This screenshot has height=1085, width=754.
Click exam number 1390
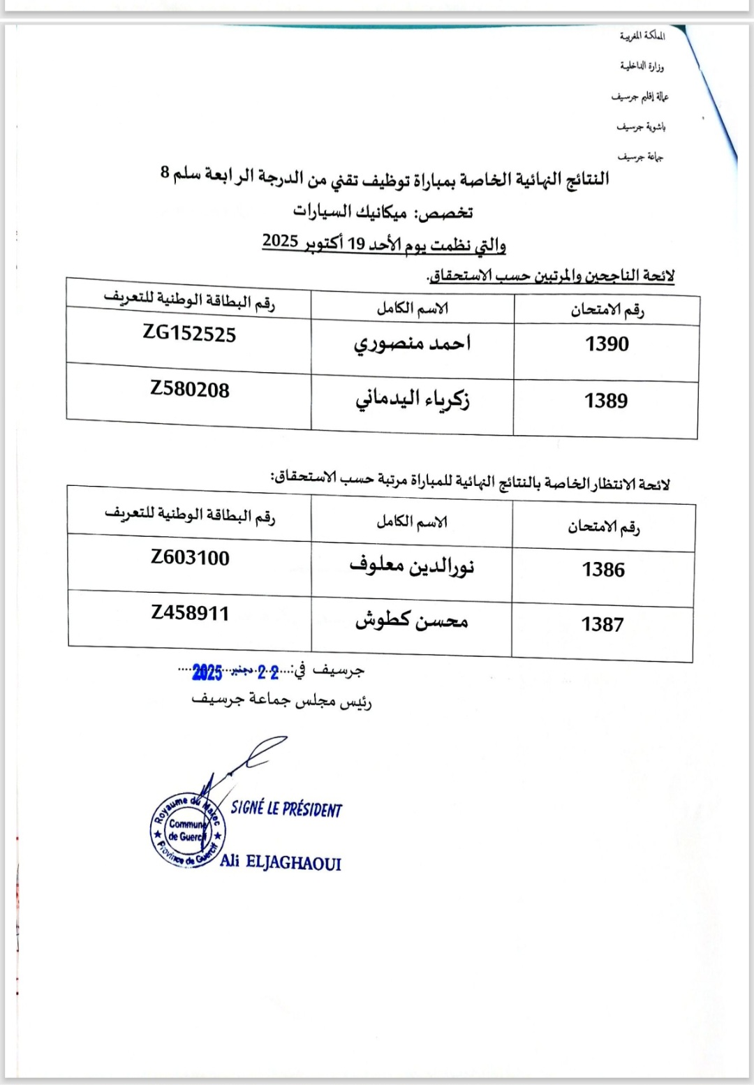tap(607, 344)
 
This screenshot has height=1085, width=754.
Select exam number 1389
tap(606, 401)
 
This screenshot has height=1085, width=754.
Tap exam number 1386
tap(603, 570)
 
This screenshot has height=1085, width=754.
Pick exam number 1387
tap(603, 624)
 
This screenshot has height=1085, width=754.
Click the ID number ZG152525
tap(189, 334)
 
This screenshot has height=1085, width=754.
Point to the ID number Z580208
tap(190, 390)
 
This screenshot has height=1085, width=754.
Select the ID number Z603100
tap(190, 558)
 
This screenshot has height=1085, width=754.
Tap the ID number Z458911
tap(190, 613)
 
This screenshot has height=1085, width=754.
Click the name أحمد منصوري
tap(412, 343)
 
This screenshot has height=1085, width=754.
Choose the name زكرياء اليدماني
tap(412, 399)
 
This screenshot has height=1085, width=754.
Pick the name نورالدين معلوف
tap(412, 566)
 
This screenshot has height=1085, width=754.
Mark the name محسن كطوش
tap(411, 620)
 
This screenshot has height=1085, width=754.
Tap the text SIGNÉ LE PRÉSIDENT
tap(286, 809)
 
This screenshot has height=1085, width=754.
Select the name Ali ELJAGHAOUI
tap(281, 862)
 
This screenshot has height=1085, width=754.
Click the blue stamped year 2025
tap(207, 673)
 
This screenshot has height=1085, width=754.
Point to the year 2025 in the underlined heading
tap(281, 242)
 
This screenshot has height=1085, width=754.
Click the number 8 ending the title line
tap(165, 172)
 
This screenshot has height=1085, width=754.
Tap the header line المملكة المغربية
tap(642, 36)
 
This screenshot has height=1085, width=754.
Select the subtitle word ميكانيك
tap(381, 211)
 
